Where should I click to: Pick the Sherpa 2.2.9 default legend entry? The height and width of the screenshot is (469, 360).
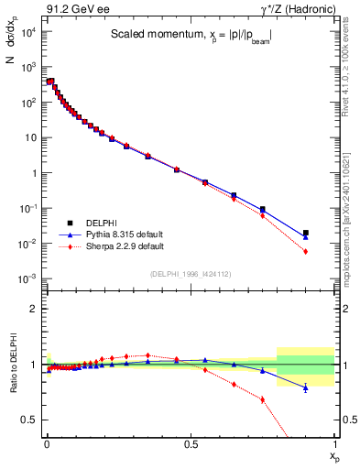[111, 246]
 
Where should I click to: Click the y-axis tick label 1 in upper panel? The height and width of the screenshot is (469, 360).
[35, 173]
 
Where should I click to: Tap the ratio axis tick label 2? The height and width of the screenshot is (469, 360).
[35, 309]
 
